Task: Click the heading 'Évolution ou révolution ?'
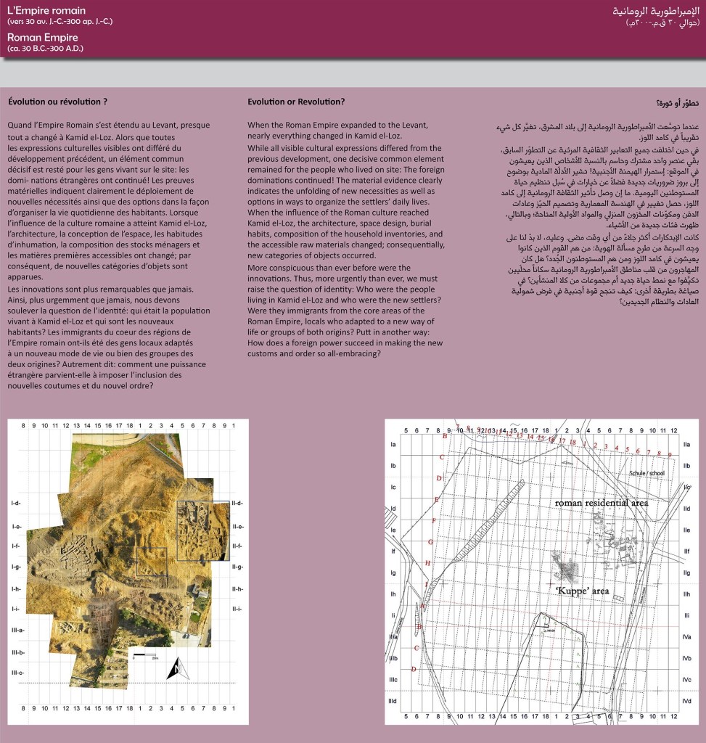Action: click(57, 102)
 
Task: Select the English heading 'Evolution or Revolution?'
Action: click(296, 102)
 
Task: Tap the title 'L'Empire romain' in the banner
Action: click(46, 11)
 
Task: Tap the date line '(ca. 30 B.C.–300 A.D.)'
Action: click(46, 48)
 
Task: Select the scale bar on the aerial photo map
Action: click(145, 657)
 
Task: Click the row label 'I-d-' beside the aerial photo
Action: click(16, 504)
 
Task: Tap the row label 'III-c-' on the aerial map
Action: click(17, 673)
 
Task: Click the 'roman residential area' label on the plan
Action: click(602, 503)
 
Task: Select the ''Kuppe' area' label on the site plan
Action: click(582, 591)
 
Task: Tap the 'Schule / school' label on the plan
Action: click(647, 473)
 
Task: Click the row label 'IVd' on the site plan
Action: click(686, 701)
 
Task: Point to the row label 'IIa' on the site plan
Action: click(686, 444)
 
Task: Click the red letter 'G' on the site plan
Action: click(430, 541)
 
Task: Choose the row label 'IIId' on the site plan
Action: click(393, 701)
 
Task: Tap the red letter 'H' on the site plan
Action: click(427, 563)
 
